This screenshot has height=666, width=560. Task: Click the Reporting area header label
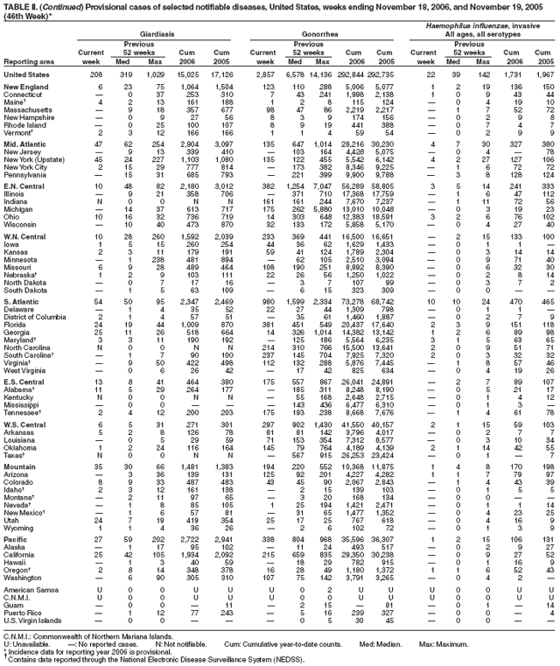[31, 62]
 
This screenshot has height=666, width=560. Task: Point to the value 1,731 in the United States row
[505, 76]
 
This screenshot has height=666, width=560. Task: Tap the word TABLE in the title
[16, 6]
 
